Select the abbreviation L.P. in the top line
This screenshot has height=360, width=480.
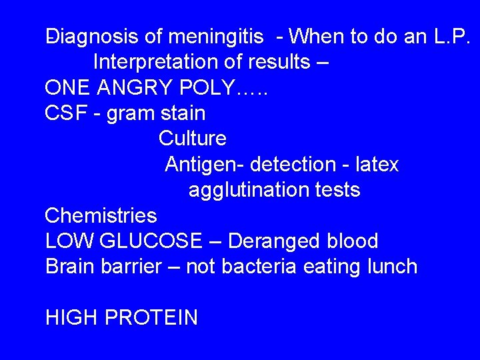[448, 37]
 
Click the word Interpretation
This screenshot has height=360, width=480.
[160, 62]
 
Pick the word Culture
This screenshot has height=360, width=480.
[193, 139]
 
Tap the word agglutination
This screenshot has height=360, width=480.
[246, 190]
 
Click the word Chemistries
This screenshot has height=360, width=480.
[101, 215]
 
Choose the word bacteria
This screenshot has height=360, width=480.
[261, 267]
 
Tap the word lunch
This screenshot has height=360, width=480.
[387, 267]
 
